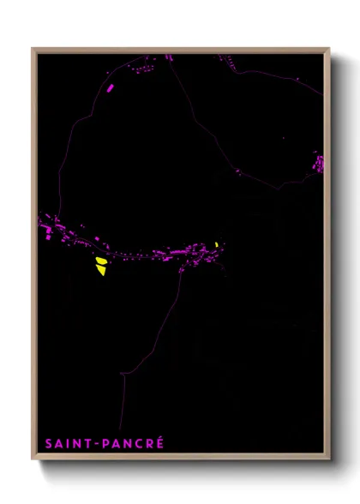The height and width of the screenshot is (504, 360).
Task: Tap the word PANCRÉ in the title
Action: click(x=133, y=443)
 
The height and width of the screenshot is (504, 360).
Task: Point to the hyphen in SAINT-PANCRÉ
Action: click(x=97, y=444)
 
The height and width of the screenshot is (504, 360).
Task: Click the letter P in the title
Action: click(x=105, y=443)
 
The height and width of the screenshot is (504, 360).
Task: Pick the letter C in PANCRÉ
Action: click(x=139, y=443)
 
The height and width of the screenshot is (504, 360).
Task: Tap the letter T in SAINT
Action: click(x=89, y=443)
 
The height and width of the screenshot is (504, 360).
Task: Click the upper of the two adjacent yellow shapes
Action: click(x=100, y=261)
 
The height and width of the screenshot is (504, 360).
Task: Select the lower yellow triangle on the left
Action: click(x=101, y=271)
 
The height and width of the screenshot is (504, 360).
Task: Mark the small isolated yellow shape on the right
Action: click(x=217, y=245)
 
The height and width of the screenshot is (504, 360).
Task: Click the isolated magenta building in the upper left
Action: click(x=110, y=87)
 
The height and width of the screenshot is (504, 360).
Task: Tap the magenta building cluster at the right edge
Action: click(x=319, y=163)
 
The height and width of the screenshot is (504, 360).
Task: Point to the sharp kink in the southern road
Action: click(x=124, y=374)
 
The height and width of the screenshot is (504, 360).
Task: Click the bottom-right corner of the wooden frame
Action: click(x=329, y=459)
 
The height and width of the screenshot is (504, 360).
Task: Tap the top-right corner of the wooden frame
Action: click(x=329, y=49)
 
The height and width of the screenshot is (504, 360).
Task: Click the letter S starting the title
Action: click(x=49, y=443)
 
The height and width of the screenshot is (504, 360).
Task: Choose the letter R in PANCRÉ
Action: click(x=149, y=443)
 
